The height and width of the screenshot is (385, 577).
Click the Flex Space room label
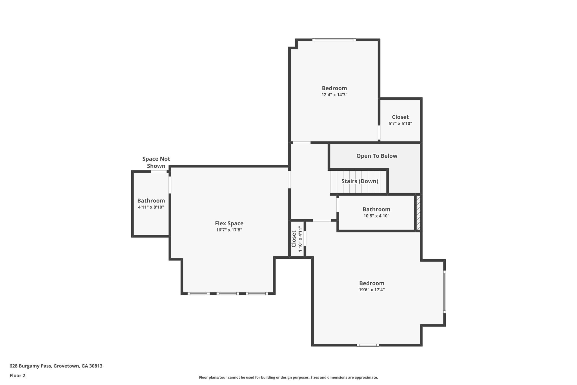229,223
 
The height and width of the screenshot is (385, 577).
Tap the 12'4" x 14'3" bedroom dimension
334,95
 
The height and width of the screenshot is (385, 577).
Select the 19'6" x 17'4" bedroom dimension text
372,290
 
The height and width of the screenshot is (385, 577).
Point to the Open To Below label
377,156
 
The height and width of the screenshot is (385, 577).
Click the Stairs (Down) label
360,181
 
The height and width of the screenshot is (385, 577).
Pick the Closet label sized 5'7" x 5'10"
400,117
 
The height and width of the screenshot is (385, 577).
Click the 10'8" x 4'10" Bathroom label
376,209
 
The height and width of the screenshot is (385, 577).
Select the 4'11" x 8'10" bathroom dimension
151,207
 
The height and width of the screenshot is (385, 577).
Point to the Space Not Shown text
156,162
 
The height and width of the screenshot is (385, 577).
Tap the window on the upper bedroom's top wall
334,40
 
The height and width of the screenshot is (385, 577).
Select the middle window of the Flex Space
228,294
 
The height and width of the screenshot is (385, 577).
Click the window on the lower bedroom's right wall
444,292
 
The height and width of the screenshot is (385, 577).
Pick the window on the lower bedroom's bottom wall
368,345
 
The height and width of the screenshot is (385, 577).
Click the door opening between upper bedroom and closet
379,133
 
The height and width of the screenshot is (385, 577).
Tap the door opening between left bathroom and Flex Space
170,185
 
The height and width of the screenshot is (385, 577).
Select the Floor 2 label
17,375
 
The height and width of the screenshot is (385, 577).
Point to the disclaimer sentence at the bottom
288,377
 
